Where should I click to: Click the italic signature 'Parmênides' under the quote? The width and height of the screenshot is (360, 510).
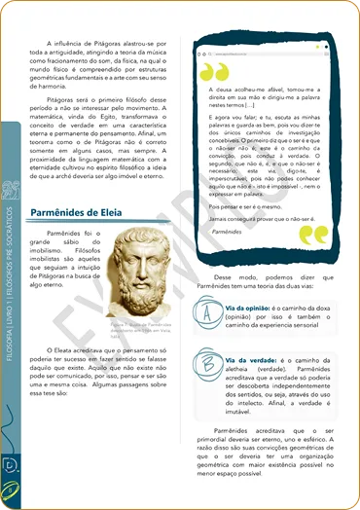tap(227, 234)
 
